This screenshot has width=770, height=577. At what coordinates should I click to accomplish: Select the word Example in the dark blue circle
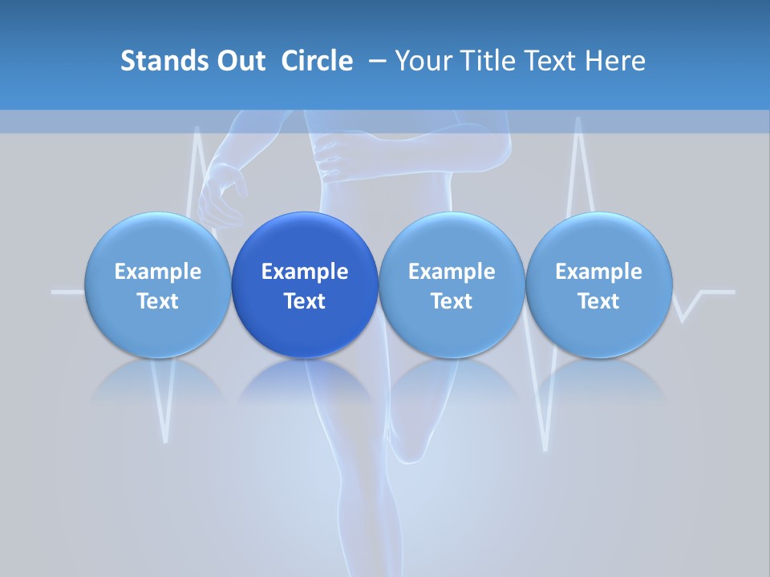[x=305, y=272]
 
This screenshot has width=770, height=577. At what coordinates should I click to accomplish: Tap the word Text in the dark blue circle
[x=305, y=301]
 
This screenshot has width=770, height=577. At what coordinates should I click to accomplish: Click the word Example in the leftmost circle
[x=158, y=272]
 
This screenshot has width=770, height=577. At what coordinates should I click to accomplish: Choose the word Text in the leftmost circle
[x=158, y=301]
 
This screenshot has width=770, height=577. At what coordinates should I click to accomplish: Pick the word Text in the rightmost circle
[x=598, y=301]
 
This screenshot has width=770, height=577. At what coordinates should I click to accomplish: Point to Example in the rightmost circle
[x=598, y=272]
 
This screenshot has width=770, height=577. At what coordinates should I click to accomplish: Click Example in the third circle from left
[x=452, y=272]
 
